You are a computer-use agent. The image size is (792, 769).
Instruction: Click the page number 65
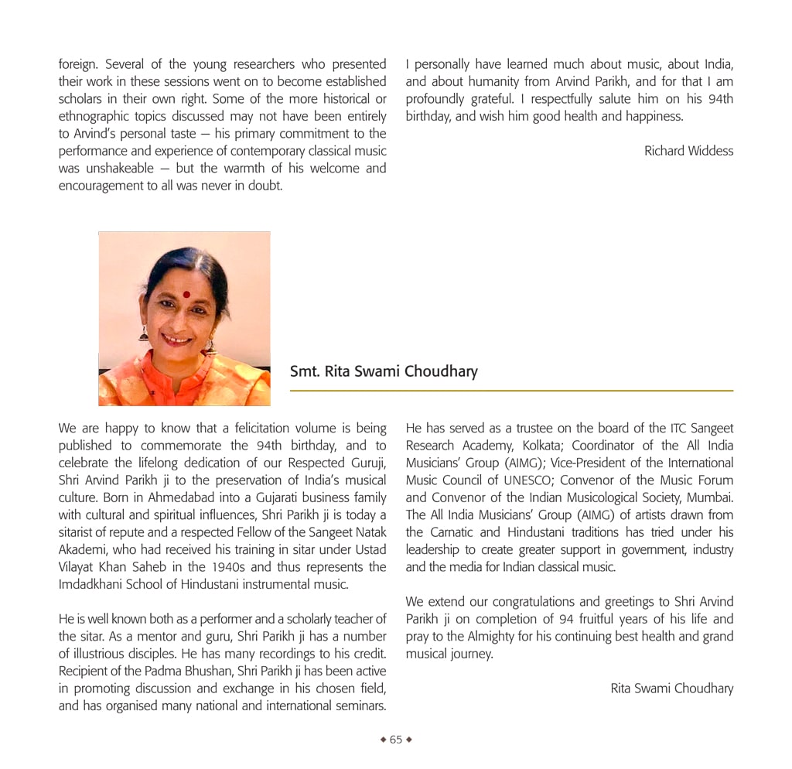coord(396,740)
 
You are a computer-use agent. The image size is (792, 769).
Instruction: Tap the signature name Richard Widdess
coord(688,151)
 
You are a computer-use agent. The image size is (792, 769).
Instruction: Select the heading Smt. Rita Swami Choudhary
coord(384,371)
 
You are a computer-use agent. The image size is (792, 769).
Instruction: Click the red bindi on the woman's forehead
coord(186,294)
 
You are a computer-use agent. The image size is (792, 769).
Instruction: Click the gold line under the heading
coord(510,391)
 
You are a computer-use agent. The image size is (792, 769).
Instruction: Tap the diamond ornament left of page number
coord(383,740)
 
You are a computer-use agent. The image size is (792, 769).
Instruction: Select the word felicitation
coord(244,428)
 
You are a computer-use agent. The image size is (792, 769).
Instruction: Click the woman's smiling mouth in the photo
coord(176,339)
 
